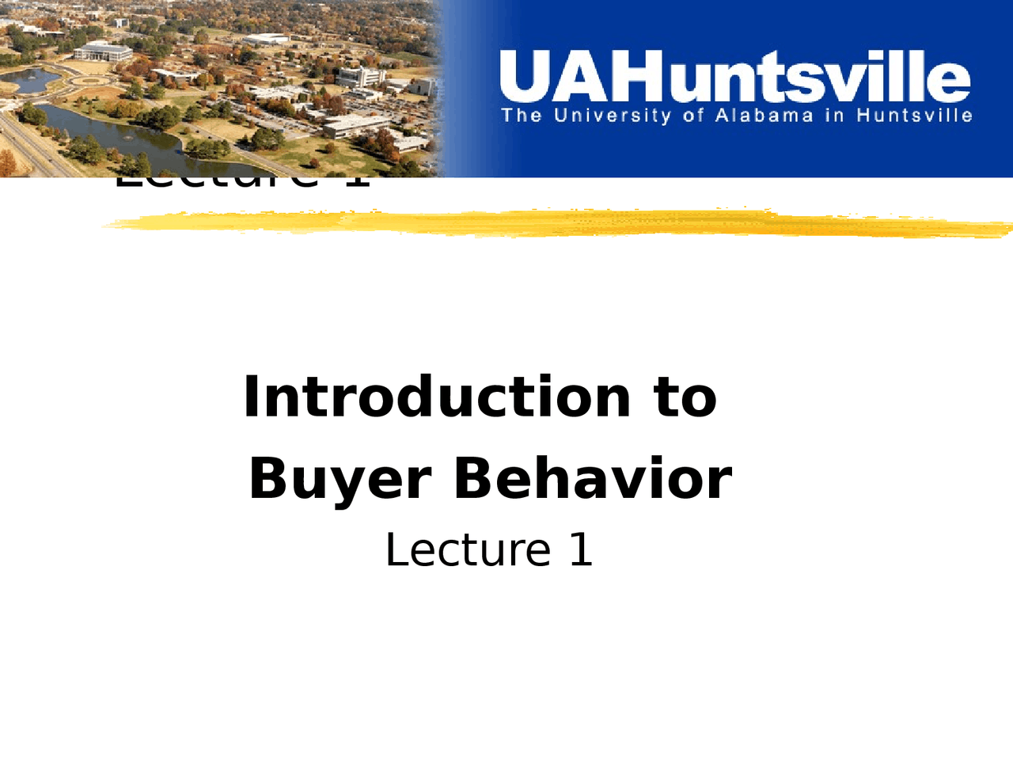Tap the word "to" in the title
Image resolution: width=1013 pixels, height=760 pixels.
tap(685, 397)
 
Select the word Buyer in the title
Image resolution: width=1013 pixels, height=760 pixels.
tap(340, 480)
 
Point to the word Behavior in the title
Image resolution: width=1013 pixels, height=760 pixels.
tap(593, 480)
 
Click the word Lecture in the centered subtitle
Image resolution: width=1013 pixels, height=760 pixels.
tap(468, 550)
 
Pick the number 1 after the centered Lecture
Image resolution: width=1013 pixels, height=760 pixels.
tap(581, 550)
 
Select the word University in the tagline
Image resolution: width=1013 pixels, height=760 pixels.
tap(612, 116)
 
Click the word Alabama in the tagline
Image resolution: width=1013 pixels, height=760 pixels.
tap(764, 116)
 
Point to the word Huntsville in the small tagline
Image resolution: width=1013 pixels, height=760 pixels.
tap(914, 116)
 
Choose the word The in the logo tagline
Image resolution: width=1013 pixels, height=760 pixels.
tap(522, 116)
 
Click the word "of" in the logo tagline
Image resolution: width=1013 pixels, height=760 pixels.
tap(693, 116)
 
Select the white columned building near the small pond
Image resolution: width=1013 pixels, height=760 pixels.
tap(103, 52)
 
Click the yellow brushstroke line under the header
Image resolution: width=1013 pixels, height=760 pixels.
tap(554, 224)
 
